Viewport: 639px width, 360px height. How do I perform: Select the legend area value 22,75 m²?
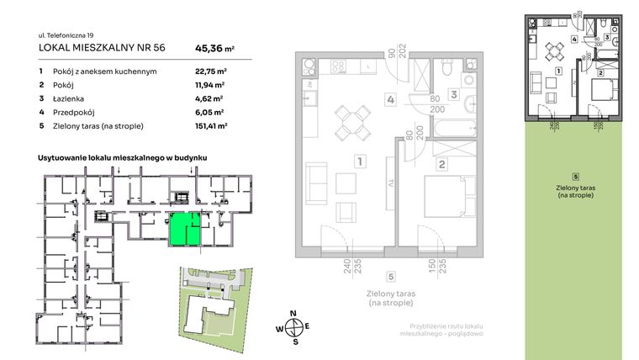(203, 71)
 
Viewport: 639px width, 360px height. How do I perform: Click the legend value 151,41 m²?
(205, 125)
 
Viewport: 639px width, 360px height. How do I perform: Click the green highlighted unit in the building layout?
(185, 229)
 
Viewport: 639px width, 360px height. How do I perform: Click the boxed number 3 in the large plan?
(452, 95)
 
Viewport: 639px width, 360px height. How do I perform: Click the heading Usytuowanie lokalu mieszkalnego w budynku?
(123, 157)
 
